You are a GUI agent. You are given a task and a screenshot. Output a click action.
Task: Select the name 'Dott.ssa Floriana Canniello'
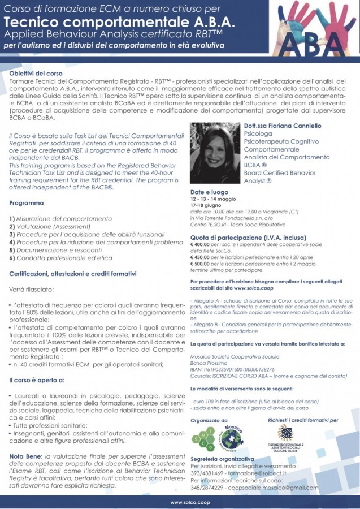278,126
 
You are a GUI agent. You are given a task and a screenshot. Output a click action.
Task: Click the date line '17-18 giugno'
208,206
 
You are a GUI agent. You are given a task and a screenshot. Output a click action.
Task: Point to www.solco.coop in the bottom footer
180,502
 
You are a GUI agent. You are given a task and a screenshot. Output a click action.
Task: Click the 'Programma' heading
27,202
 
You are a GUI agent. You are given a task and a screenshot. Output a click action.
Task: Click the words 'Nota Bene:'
27,455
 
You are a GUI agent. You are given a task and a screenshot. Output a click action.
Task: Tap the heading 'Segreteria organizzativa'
222,459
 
